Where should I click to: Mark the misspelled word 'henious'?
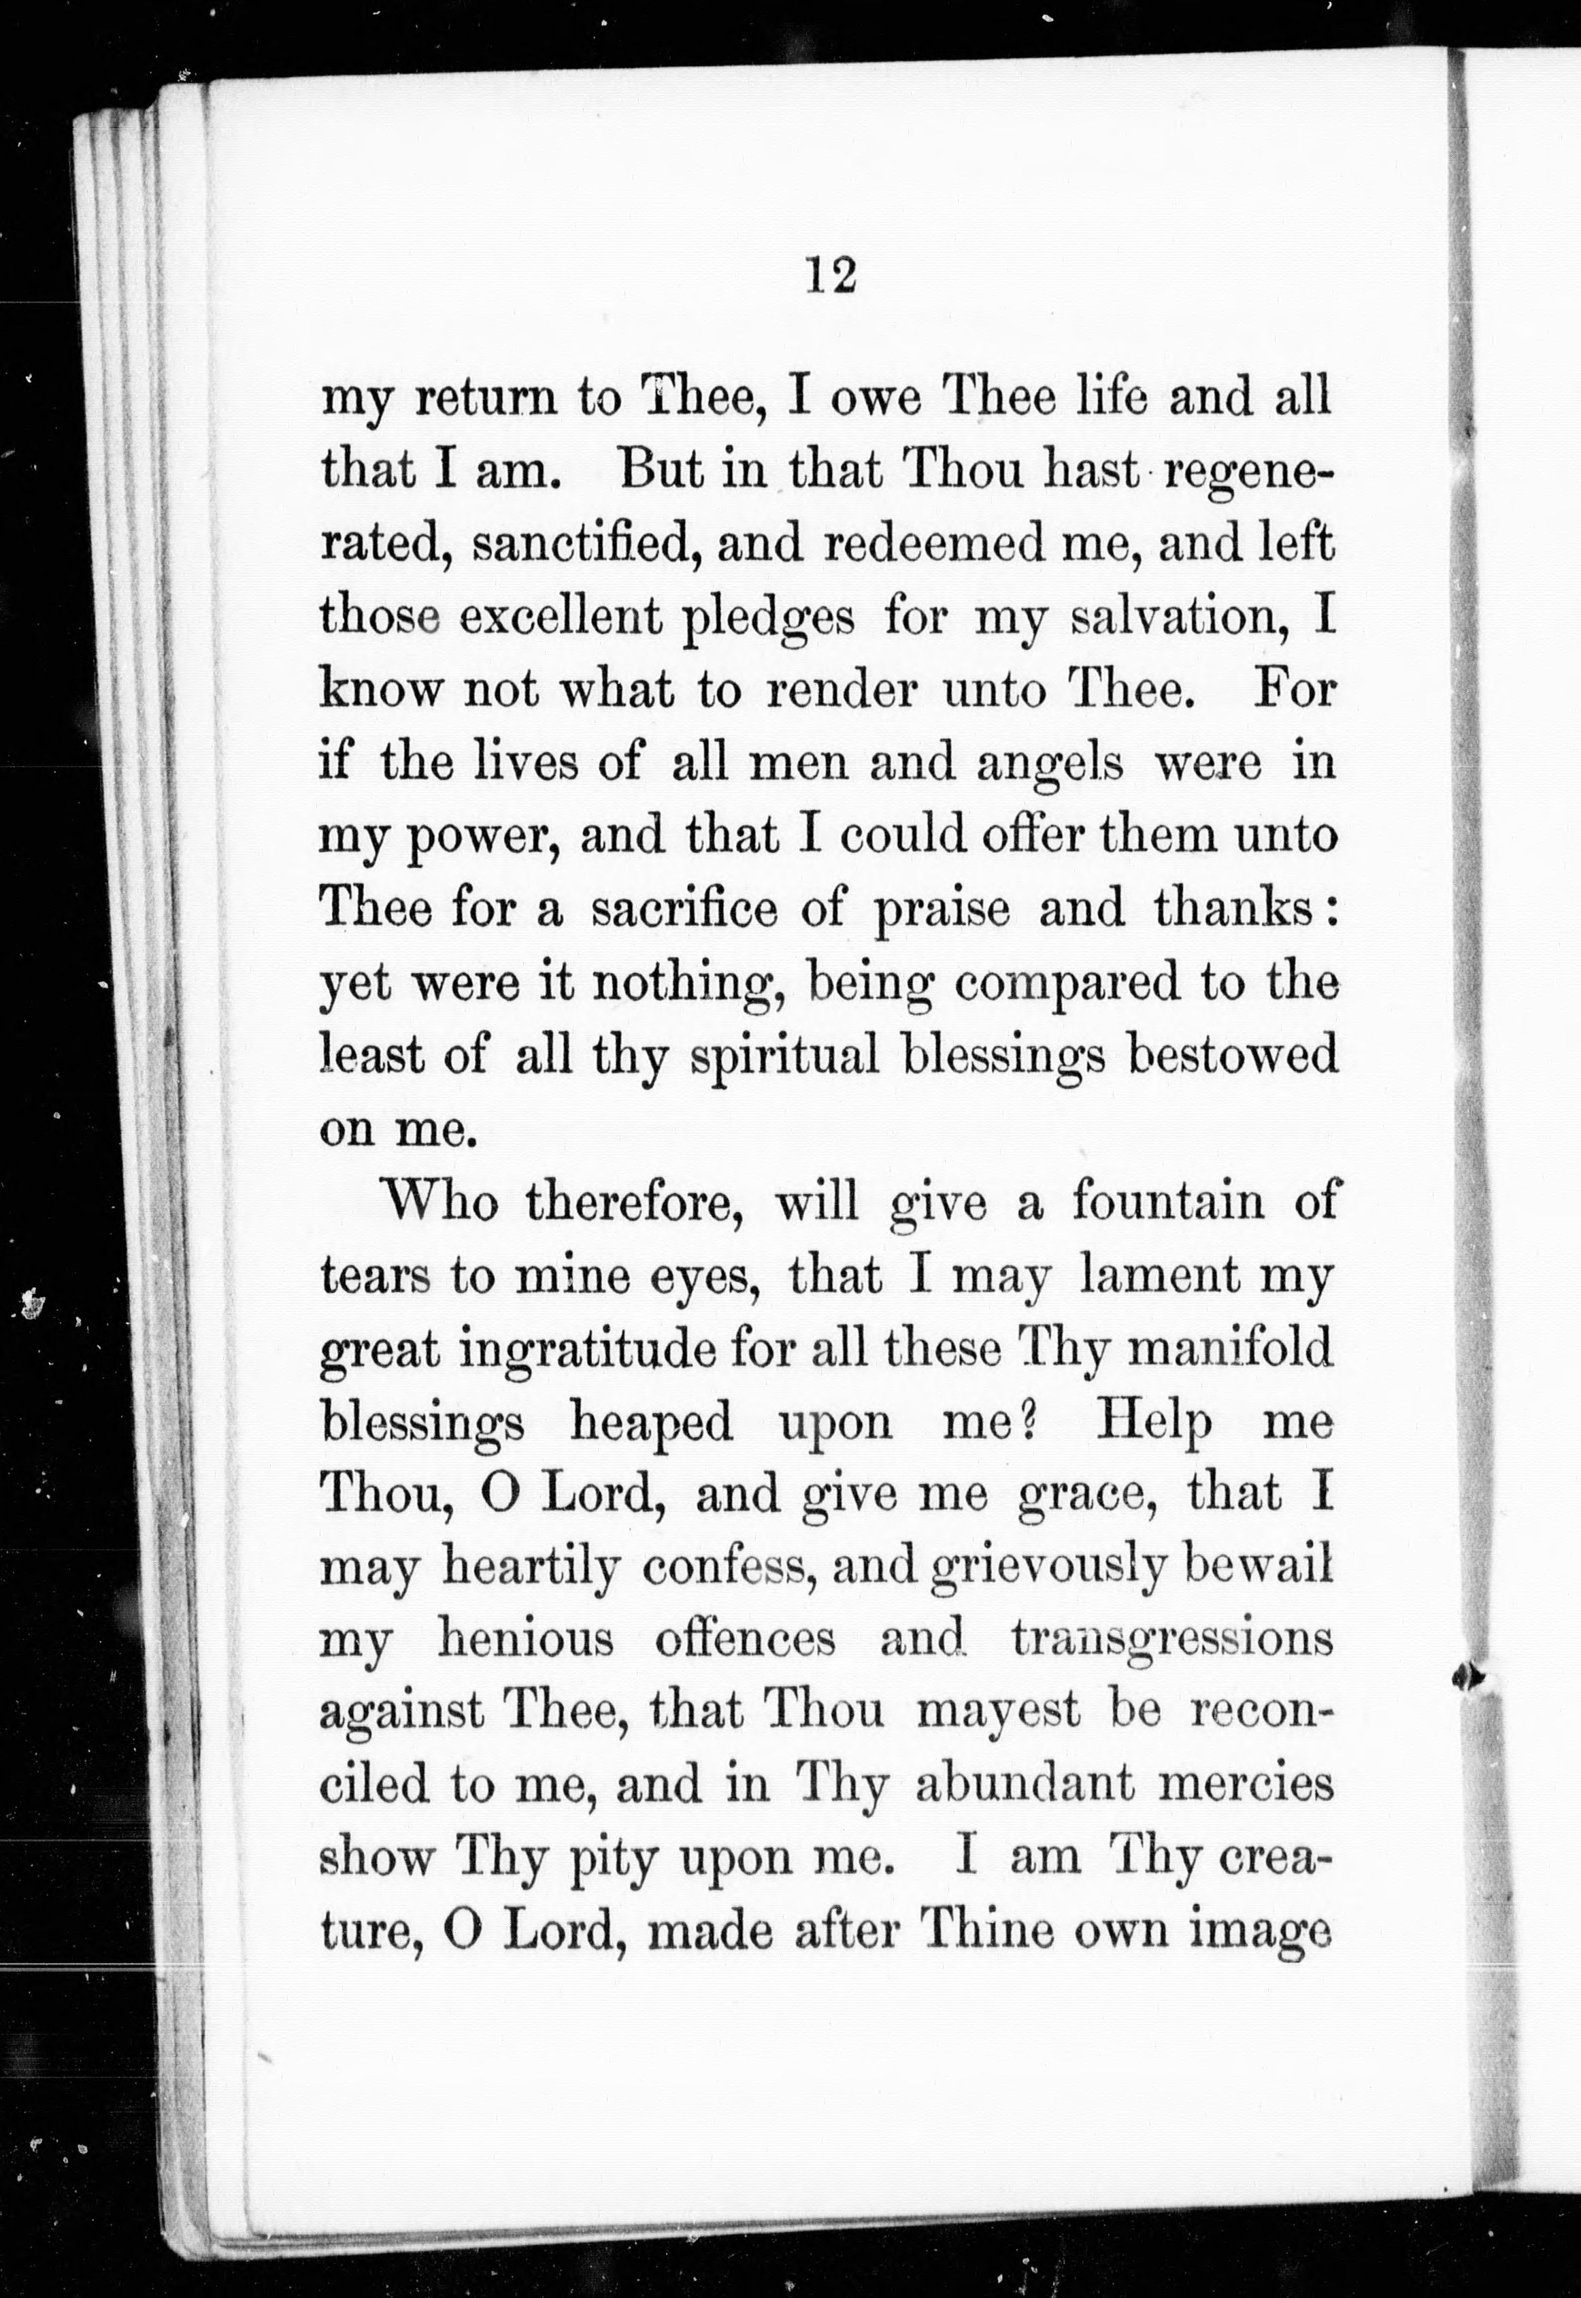(525, 1640)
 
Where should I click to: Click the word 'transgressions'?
(1172, 1640)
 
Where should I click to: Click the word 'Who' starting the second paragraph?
(441, 1202)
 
